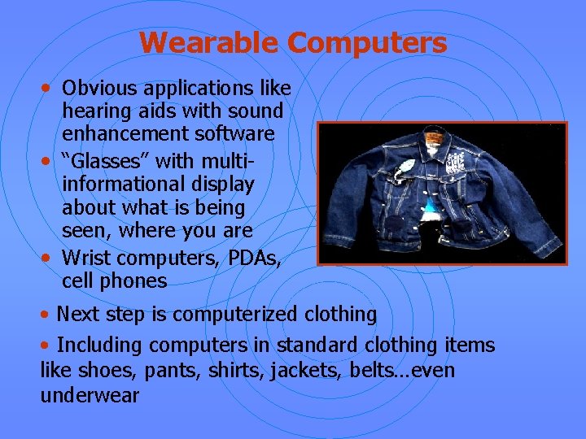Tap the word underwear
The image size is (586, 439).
(90, 396)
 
